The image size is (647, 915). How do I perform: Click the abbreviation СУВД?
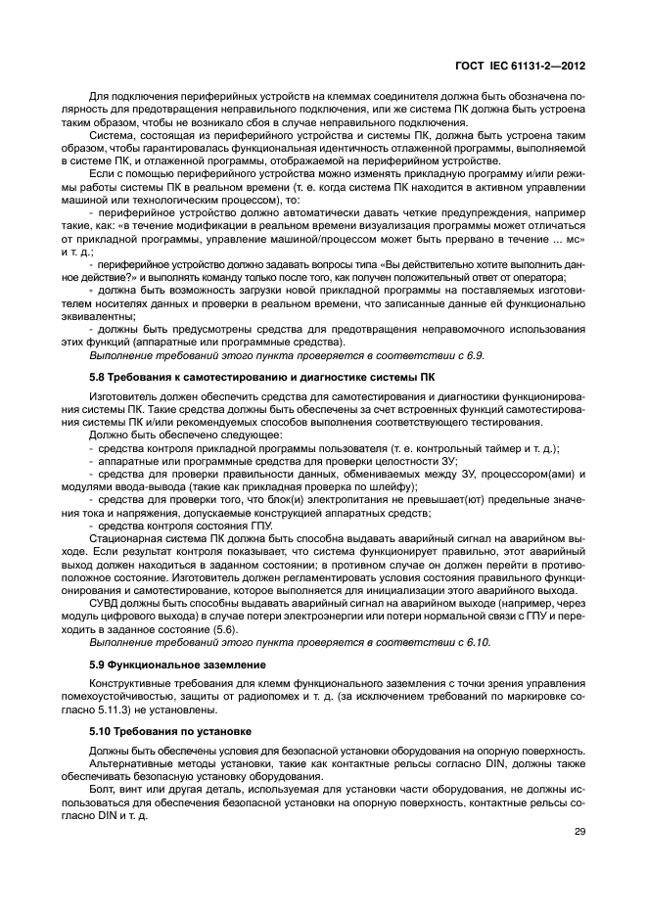pos(107,604)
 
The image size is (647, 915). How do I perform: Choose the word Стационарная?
pos(125,537)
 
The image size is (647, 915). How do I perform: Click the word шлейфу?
pos(393,486)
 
